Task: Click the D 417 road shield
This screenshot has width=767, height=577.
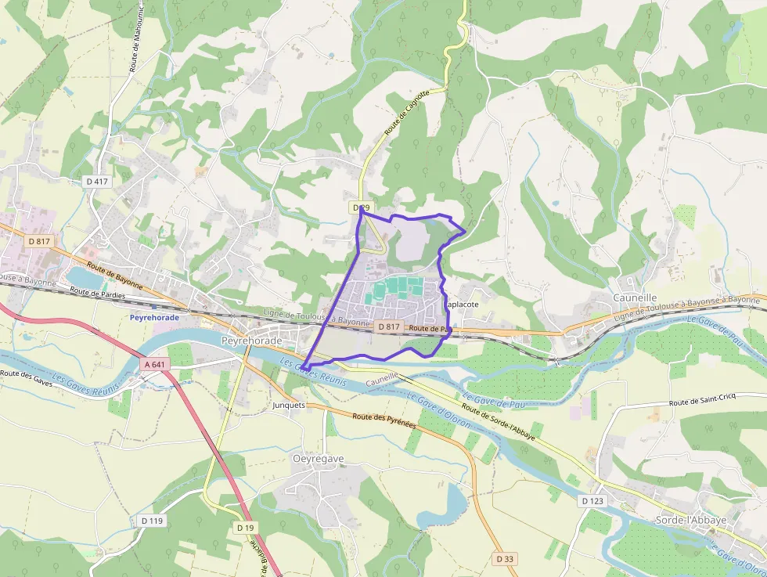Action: click(96, 181)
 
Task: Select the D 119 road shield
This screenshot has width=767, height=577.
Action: click(153, 520)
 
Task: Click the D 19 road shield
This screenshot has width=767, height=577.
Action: click(245, 528)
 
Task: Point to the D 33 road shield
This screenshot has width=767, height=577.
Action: click(505, 559)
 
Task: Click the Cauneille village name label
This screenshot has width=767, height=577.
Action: click(634, 298)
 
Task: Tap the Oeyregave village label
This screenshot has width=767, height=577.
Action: click(318, 459)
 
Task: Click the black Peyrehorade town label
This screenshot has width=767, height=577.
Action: click(250, 341)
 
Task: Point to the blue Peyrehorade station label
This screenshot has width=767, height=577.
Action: click(154, 318)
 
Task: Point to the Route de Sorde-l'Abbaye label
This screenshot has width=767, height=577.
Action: click(498, 421)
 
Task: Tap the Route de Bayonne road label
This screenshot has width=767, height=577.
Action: click(115, 276)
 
